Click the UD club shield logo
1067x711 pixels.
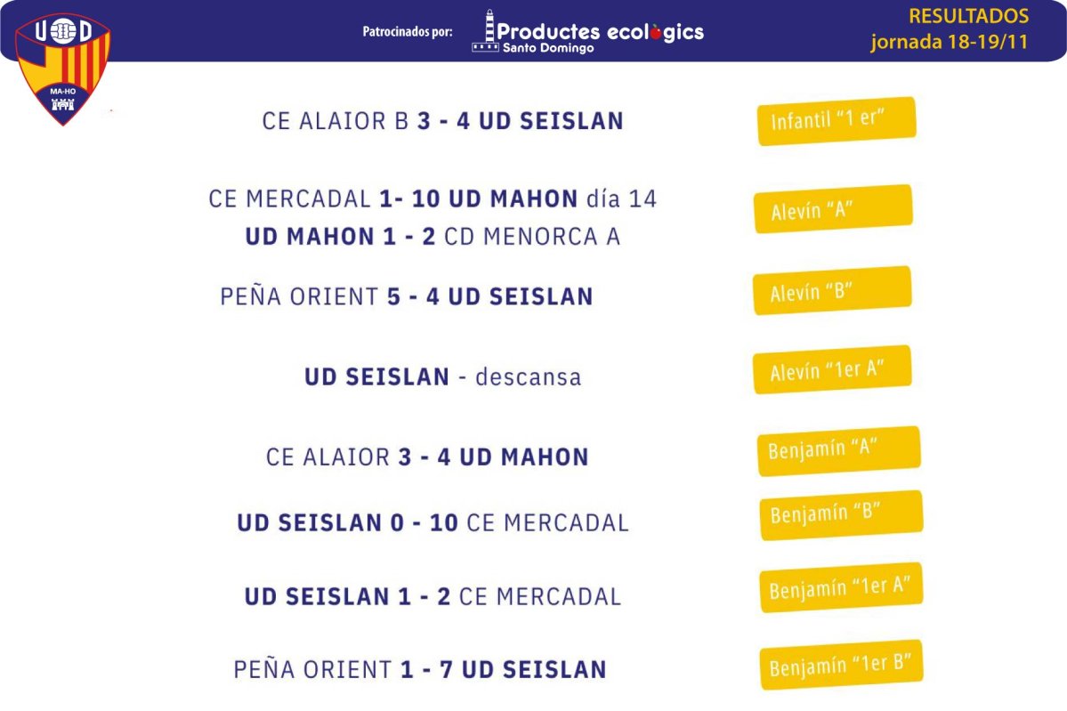pos(62,69)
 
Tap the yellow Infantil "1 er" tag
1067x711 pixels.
pos(837,120)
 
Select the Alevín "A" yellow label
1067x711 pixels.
pos(833,209)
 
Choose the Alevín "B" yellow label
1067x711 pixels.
pos(832,290)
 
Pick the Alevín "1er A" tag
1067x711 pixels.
pos(832,369)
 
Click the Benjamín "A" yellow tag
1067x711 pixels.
pos(839,450)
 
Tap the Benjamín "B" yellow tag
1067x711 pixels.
pos(842,514)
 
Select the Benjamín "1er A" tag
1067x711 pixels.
pos(842,587)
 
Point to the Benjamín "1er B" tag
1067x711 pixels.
pos(842,664)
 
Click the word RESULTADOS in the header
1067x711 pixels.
pos(968,16)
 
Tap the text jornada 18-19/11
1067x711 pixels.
pos(950,42)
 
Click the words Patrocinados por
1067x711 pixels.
pos(408,31)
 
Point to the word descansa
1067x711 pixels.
pos(528,377)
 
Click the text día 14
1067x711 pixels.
pos(621,198)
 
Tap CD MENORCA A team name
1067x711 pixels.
pos(532,237)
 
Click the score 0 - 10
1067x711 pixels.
pos(424,522)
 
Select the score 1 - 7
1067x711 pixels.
pos(426,669)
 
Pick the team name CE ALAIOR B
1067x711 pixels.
pos(335,121)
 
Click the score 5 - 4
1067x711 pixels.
pos(413,296)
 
